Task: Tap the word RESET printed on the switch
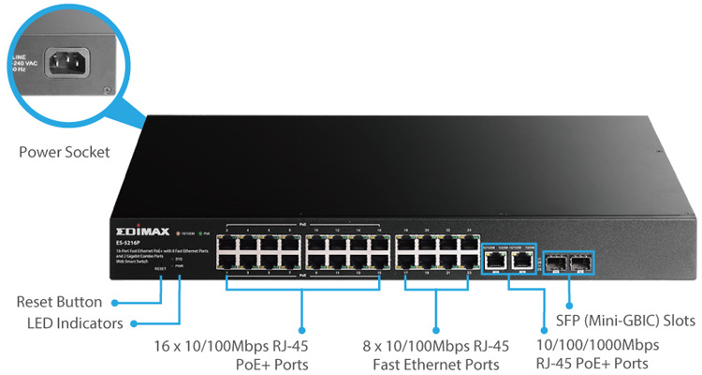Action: click(x=160, y=269)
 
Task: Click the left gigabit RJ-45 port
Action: click(x=493, y=260)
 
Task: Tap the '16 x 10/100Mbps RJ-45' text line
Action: click(x=230, y=345)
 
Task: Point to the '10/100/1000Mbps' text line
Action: click(x=606, y=344)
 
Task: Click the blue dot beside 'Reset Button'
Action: click(x=113, y=303)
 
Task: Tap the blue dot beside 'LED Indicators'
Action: click(x=133, y=323)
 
